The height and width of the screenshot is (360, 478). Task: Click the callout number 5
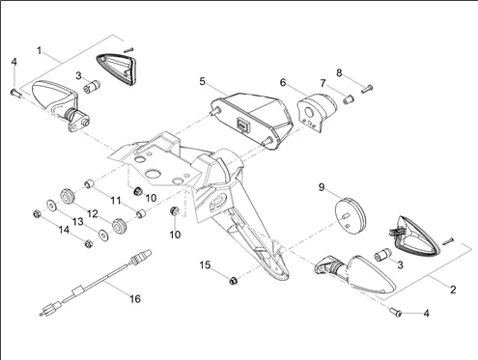pos(202,82)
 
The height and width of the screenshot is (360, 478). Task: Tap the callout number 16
pos(135,299)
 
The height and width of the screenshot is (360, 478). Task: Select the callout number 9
pos(322,187)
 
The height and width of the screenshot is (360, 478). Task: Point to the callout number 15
pos(205,265)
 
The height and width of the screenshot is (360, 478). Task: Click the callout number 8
pos(339,73)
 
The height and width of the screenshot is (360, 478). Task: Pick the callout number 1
pos(40,51)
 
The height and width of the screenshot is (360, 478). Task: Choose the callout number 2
pos(453,290)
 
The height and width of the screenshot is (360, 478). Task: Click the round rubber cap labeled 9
pos(351,215)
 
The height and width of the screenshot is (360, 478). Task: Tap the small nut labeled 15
pos(234,281)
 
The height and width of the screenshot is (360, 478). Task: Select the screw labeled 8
pos(367,89)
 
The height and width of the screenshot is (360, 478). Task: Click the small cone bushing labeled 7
pos(348,99)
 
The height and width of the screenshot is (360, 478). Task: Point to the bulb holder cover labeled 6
pos(316,112)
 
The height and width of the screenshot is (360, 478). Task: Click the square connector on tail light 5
pos(242,124)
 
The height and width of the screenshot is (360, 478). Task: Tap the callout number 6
pos(283,83)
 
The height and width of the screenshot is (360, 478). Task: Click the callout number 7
pos(323,84)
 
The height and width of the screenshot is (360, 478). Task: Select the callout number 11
pos(116,201)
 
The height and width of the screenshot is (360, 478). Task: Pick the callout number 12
pos(93,214)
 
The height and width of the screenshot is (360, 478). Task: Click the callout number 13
pos(77,222)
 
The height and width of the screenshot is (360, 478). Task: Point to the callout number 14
pos(64,230)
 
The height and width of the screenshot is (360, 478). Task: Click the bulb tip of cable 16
pos(146,253)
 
